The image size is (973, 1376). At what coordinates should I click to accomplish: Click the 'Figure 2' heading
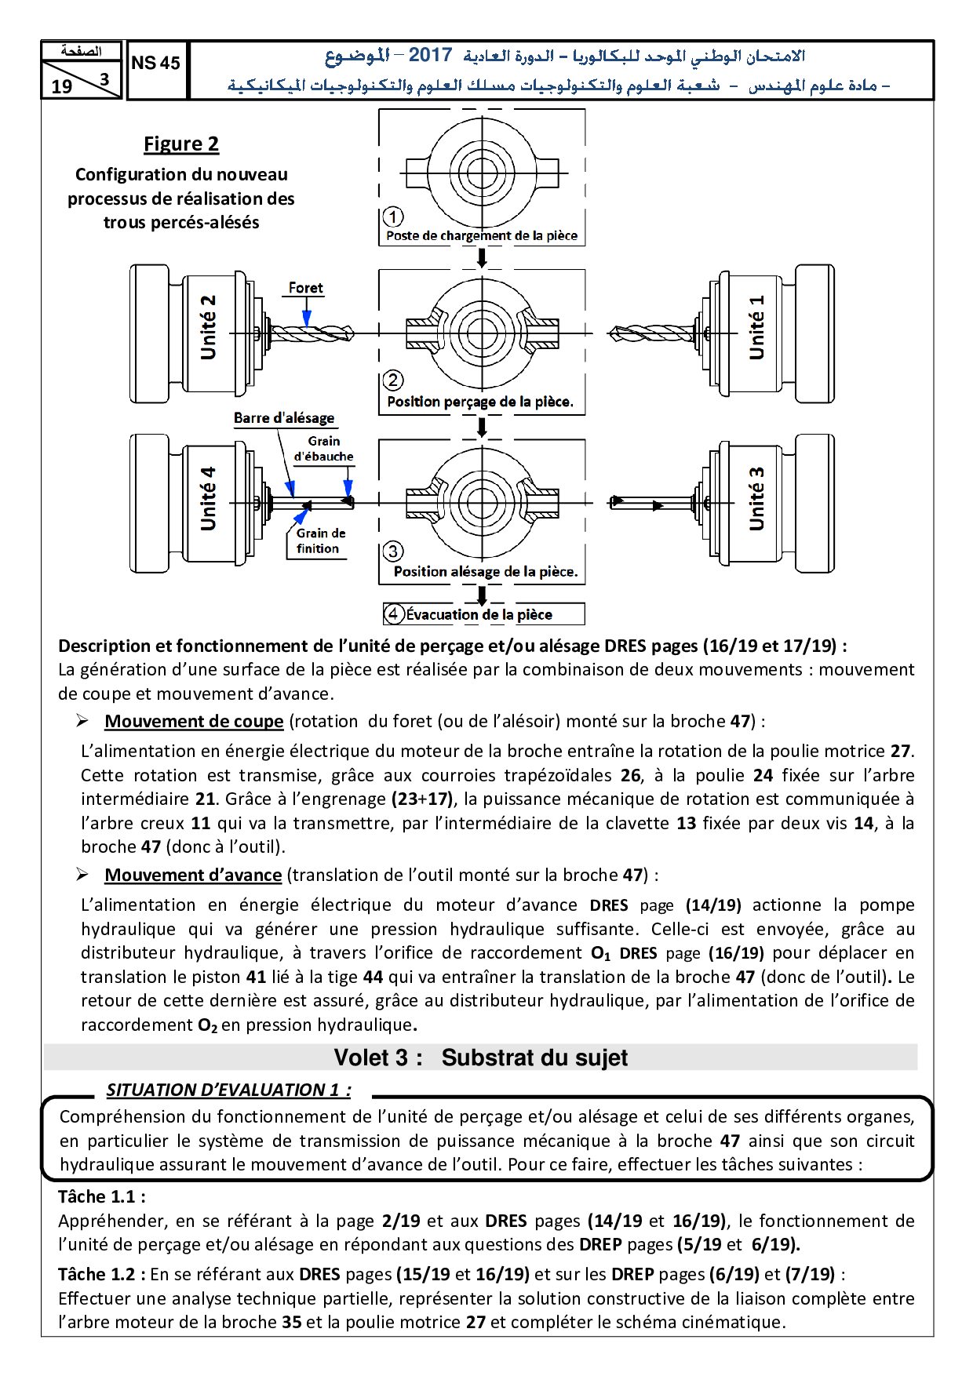[181, 144]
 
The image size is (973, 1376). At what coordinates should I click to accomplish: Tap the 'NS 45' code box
[156, 64]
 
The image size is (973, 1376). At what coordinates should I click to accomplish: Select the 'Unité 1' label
[756, 328]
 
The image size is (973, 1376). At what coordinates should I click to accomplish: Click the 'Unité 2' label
[208, 328]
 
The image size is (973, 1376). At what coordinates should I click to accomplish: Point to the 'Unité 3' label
[756, 499]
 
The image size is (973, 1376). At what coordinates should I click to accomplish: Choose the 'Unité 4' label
[208, 499]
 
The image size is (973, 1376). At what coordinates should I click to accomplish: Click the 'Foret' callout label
[305, 288]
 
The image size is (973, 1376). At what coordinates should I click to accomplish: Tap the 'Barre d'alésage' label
[284, 418]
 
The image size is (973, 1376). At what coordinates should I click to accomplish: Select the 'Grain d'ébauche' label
[324, 449]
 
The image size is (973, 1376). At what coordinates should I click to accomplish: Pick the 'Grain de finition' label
[320, 541]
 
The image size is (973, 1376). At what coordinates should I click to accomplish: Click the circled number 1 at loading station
[393, 217]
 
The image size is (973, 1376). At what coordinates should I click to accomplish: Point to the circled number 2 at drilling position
[393, 381]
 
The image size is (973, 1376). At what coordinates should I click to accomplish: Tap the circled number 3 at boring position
[393, 551]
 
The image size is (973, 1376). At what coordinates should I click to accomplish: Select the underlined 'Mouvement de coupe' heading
[194, 722]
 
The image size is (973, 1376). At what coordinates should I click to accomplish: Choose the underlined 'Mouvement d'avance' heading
[193, 875]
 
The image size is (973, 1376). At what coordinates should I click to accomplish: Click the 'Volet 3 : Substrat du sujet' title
[480, 1057]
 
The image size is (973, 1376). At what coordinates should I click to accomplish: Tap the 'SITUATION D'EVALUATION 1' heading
[228, 1090]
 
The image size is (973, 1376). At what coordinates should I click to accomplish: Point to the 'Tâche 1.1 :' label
[102, 1197]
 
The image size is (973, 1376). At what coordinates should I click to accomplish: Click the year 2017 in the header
[430, 55]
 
